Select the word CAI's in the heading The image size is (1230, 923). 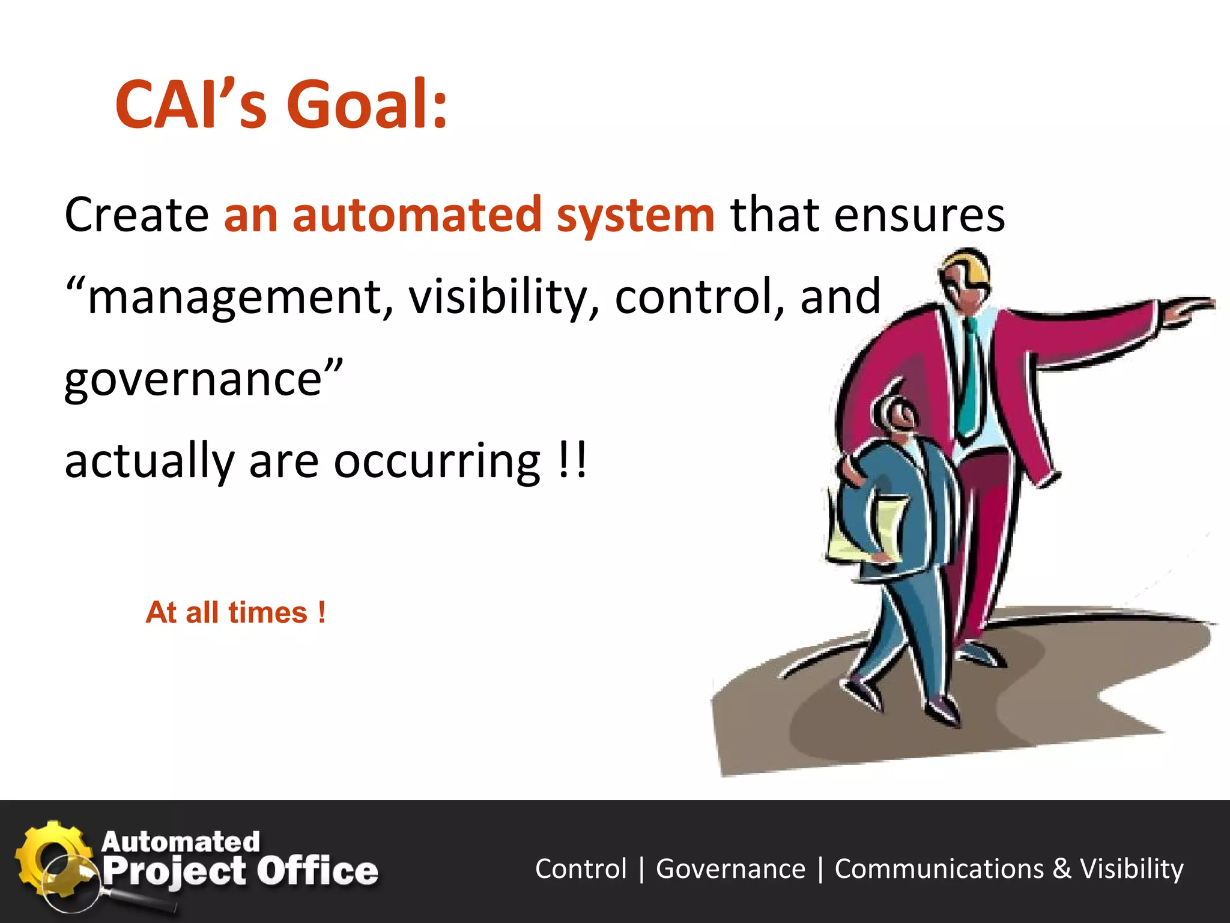coord(190,105)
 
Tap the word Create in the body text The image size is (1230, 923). coord(136,215)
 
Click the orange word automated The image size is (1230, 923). coord(417,215)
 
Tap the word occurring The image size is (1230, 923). coord(437,461)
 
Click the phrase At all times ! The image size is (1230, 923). coord(235,613)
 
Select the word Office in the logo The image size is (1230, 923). coord(318,871)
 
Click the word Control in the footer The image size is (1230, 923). coord(581,869)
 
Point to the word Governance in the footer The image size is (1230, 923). coord(730,869)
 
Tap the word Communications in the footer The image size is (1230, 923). coord(939,869)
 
